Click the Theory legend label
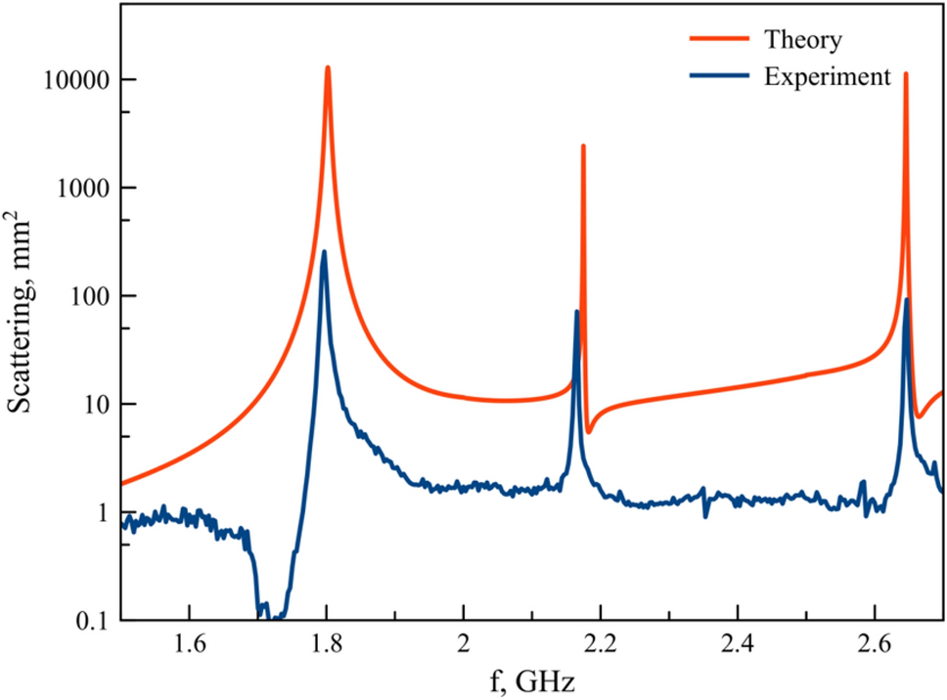pos(802,41)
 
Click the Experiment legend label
pos(827,77)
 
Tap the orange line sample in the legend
pos(718,41)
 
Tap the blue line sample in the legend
pos(718,77)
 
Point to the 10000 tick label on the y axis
pos(76,80)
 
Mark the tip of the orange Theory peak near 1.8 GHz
pos(328,67)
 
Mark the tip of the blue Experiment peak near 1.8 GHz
pos(324,252)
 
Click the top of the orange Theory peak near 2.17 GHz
pos(583,146)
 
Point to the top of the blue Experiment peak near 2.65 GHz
pos(907,299)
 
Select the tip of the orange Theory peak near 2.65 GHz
pos(906,73)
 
